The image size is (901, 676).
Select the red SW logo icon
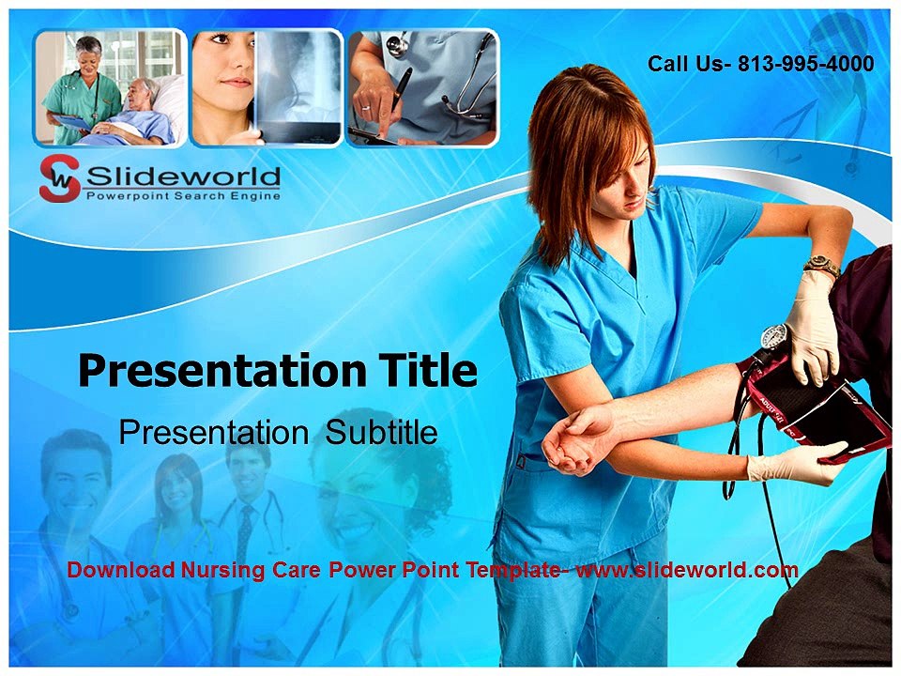[58, 178]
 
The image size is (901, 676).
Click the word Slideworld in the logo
[182, 176]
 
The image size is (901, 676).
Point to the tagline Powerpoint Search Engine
[182, 195]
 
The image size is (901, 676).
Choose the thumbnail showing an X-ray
[267, 87]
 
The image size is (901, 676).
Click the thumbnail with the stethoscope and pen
[422, 87]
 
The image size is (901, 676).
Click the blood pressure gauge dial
[773, 336]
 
